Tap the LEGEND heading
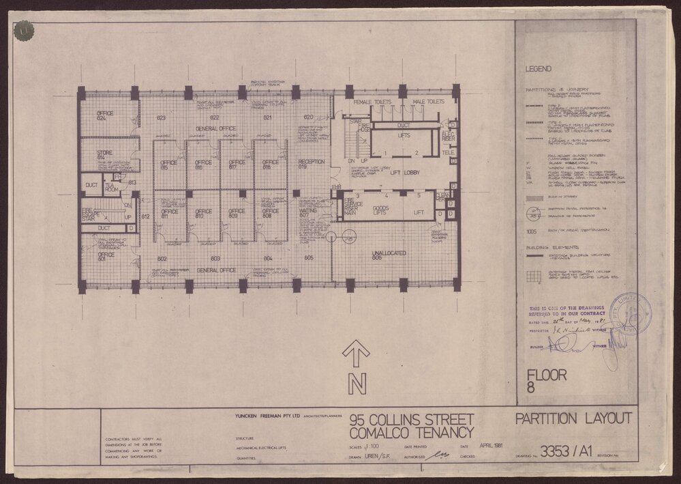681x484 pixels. click(539, 69)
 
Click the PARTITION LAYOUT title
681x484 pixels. click(573, 418)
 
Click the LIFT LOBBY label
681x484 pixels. click(394, 174)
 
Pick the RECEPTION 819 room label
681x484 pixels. click(312, 164)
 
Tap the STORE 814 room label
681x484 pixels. click(104, 155)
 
